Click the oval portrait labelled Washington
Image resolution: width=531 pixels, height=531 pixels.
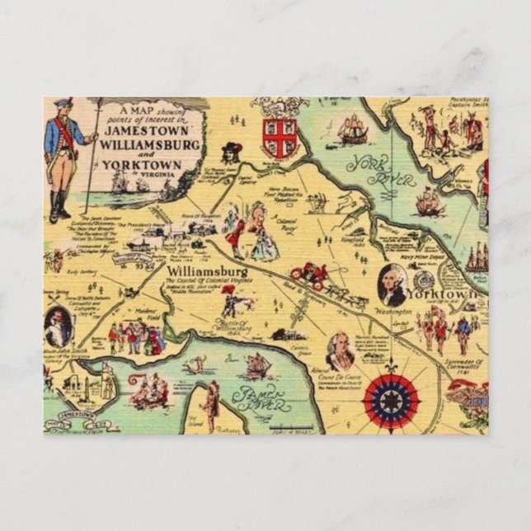(x=392, y=285)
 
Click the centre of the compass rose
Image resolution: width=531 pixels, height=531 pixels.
(x=391, y=402)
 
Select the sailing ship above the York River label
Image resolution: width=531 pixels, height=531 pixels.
(x=353, y=128)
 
